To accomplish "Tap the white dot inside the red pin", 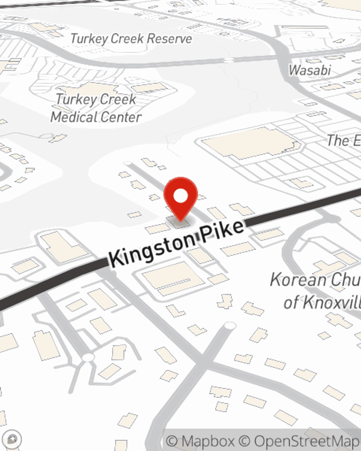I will (180, 196).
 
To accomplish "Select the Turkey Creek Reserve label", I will (131, 39).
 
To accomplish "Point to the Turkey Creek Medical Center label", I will (96, 108).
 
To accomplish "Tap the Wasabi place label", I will (309, 70).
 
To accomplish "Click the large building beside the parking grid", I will (251, 143).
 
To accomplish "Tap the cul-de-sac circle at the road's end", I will (230, 326).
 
